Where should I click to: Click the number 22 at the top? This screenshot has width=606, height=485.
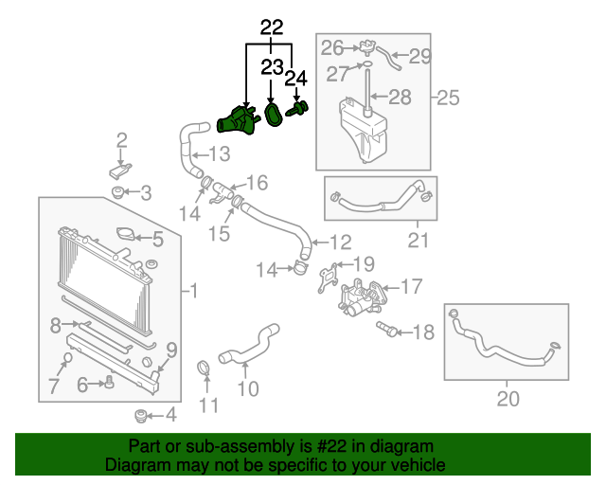click(x=272, y=27)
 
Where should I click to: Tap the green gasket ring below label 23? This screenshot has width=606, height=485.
click(x=274, y=115)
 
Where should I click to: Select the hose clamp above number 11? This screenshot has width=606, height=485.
click(x=204, y=368)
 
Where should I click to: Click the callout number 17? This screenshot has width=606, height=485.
click(x=412, y=286)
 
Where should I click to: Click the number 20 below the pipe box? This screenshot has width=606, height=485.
click(x=508, y=399)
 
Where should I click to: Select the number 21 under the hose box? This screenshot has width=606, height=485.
click(x=418, y=241)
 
